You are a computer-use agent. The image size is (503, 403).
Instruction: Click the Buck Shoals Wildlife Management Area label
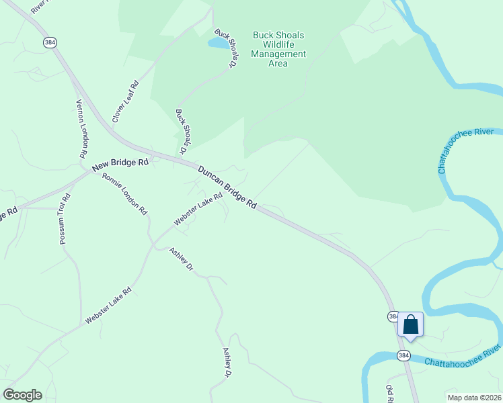point(278,49)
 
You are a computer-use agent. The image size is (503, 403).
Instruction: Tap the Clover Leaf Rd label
point(125,101)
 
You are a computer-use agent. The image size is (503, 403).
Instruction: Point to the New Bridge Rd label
point(120,163)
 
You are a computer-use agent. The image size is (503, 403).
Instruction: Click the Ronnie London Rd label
point(124,193)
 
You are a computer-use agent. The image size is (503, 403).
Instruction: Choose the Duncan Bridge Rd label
point(227,187)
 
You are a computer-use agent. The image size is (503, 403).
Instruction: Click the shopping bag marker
point(410,325)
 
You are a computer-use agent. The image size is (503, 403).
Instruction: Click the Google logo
point(22,395)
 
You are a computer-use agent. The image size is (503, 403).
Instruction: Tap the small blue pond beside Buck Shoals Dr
point(218,43)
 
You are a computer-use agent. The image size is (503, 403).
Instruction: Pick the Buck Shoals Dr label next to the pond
point(227,49)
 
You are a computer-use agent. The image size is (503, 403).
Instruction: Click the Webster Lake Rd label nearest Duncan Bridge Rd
point(198,210)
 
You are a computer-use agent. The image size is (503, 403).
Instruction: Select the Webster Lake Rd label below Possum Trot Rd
point(108,306)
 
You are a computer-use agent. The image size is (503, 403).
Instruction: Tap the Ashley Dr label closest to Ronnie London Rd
point(181,259)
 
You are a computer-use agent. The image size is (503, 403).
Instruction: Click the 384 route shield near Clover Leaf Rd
point(50,42)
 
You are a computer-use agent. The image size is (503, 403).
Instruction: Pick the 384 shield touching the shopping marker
point(394,316)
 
